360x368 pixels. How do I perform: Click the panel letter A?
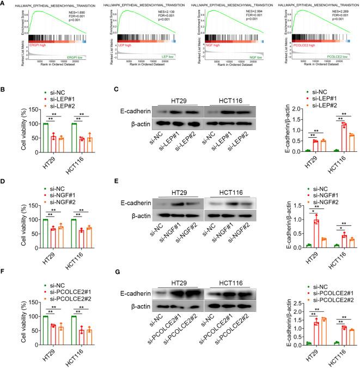(4, 4)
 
